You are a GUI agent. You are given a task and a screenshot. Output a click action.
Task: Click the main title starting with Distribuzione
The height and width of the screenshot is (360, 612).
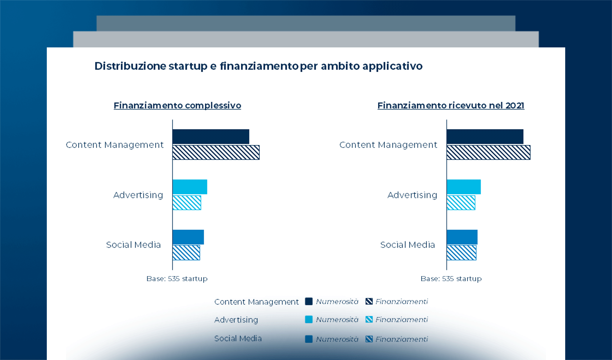click(x=258, y=66)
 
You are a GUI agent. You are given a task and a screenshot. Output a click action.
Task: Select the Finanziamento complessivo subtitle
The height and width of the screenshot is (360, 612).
click(x=177, y=106)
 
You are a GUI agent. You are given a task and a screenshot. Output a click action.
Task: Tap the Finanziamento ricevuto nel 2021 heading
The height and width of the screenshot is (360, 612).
click(x=451, y=106)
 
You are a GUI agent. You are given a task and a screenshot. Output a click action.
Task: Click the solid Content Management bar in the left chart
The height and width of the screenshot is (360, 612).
click(x=211, y=136)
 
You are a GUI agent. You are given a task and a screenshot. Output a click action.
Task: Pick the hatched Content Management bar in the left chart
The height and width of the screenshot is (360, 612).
click(x=216, y=152)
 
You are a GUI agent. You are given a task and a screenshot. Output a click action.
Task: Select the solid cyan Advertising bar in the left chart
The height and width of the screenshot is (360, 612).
click(x=190, y=187)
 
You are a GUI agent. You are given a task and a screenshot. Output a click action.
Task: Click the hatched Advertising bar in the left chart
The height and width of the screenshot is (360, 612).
click(x=187, y=203)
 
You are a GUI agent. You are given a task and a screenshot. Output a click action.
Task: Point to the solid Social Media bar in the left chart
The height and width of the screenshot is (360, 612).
click(x=188, y=237)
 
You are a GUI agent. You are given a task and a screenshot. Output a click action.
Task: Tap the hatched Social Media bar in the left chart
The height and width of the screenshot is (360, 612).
click(x=186, y=253)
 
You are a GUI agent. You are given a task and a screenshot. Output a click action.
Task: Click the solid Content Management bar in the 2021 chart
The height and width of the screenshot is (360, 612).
click(x=485, y=136)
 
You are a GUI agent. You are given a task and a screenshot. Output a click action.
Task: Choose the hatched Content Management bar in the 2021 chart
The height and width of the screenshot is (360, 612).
click(x=488, y=152)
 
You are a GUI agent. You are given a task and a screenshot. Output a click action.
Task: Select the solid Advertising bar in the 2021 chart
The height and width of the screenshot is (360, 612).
click(x=463, y=187)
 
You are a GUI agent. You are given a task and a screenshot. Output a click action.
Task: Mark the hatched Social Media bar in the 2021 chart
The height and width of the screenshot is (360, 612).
click(x=461, y=253)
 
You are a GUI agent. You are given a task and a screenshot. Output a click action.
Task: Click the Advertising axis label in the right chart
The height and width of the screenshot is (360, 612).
click(x=412, y=195)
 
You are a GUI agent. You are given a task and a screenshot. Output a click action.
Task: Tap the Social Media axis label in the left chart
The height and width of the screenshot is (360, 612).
click(x=133, y=245)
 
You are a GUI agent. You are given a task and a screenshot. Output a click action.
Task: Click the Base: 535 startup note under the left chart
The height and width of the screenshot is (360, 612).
click(x=177, y=279)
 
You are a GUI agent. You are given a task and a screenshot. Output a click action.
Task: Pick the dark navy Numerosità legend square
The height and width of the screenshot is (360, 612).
click(x=309, y=301)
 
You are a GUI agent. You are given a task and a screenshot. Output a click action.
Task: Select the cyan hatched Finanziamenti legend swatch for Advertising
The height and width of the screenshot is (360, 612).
click(x=369, y=319)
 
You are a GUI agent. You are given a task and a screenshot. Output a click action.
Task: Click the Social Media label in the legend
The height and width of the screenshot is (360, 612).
click(x=238, y=338)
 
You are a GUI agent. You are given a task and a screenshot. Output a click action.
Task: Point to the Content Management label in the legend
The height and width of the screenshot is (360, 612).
click(x=256, y=302)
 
